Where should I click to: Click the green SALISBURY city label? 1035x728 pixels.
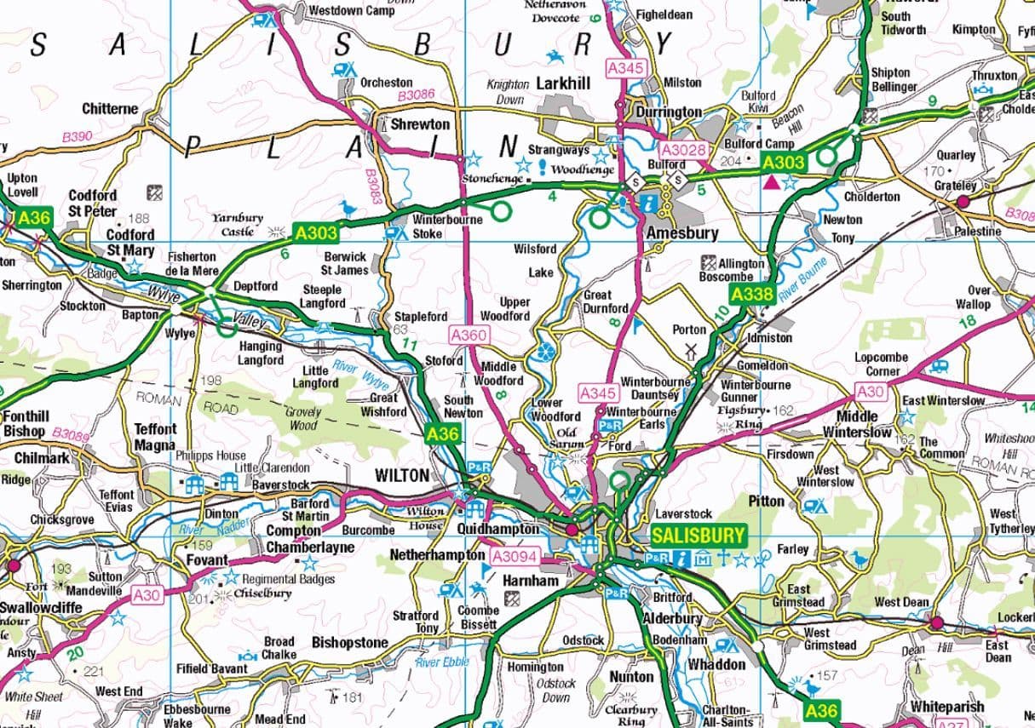coord(699,536)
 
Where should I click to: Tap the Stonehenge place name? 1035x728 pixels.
coord(492,180)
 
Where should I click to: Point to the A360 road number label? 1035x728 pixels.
coord(469,335)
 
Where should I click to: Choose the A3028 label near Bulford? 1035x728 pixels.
coord(684,150)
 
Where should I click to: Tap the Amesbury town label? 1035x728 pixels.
coord(682,232)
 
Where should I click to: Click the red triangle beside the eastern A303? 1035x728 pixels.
coord(772,182)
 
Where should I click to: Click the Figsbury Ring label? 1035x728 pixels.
coord(739,417)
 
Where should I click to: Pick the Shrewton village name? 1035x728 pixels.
coord(420,124)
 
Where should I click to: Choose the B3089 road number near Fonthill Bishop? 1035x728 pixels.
coord(70,436)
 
